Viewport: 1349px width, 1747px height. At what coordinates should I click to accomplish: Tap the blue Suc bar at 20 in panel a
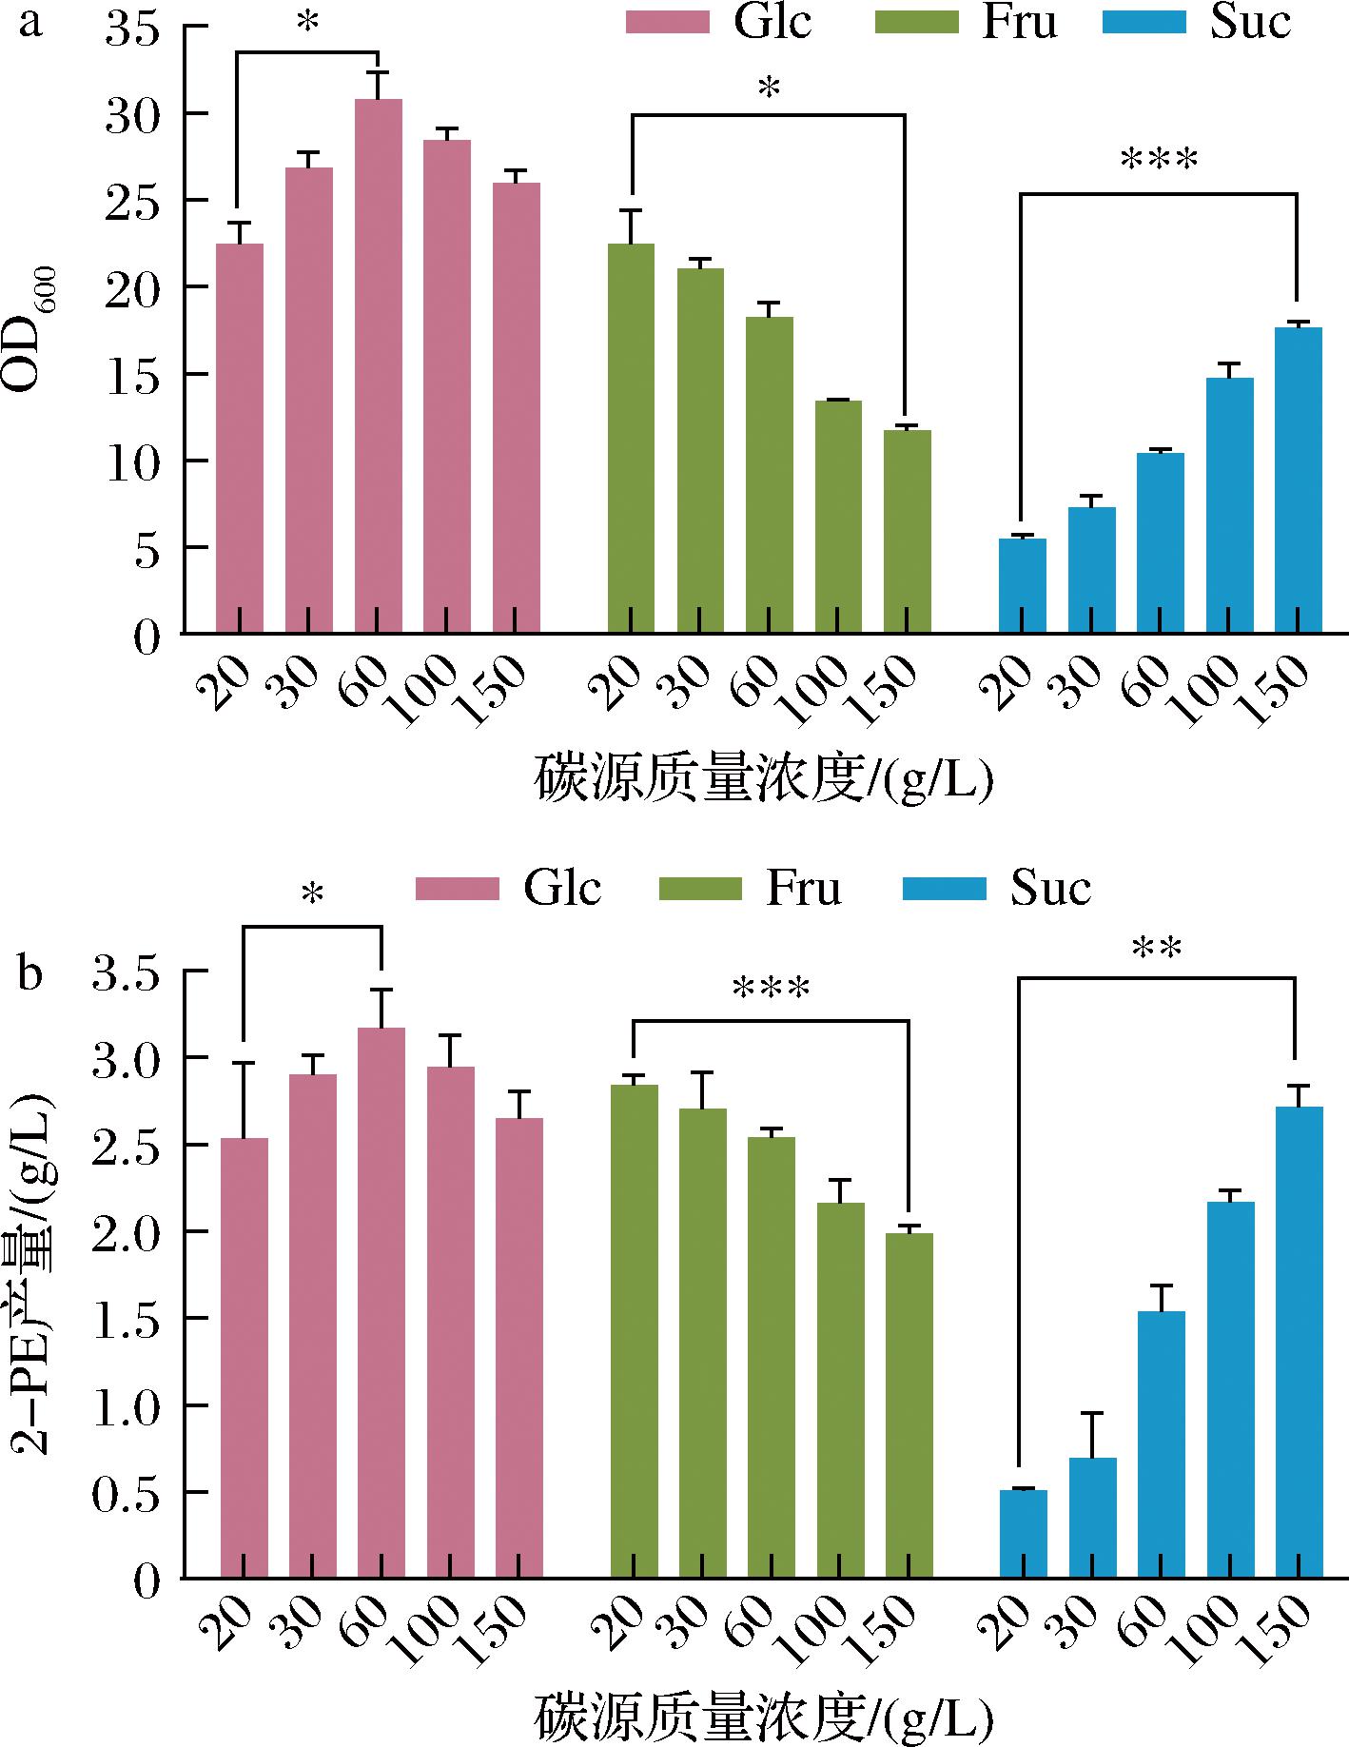[x=1023, y=585]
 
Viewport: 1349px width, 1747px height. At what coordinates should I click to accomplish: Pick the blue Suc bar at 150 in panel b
[x=1299, y=1342]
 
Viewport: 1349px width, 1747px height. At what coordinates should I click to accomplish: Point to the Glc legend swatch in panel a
[x=667, y=22]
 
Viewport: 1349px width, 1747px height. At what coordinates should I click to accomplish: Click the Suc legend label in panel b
[x=1050, y=888]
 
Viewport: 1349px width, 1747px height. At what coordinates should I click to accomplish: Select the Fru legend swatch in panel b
[x=699, y=889]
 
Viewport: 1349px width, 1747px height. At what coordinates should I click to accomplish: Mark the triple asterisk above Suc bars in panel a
[x=1159, y=160]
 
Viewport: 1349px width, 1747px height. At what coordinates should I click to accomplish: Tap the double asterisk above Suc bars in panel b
[x=1157, y=949]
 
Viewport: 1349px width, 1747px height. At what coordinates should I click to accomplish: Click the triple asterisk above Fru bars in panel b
[x=771, y=990]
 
